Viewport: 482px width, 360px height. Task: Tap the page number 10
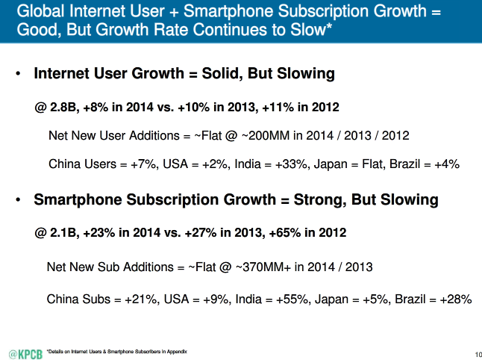(477, 353)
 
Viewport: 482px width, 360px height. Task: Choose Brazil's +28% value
(454, 300)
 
